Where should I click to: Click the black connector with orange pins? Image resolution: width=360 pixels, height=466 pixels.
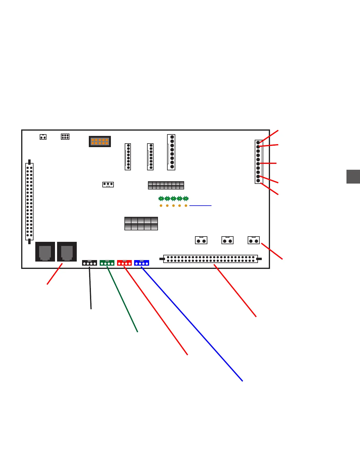coord(100,142)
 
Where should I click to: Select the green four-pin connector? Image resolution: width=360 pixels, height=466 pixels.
coord(107,263)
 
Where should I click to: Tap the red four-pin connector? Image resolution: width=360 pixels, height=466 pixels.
coord(124,263)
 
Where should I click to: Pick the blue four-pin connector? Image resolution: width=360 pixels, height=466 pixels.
coord(141,263)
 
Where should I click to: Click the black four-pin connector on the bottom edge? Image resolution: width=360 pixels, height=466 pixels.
coord(89,263)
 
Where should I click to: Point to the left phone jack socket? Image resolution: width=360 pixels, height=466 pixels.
coord(45,252)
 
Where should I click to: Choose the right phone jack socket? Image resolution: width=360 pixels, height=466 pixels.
coord(67,252)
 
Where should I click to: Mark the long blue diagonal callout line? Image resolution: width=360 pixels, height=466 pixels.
coord(192,324)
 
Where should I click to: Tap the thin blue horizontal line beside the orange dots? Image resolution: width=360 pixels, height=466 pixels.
coord(200,206)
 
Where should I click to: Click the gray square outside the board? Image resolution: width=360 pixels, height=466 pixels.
coord(353,177)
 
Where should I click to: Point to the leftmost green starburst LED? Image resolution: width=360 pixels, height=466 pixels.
coord(161,199)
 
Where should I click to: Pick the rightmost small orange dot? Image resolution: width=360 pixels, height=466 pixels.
coord(186,206)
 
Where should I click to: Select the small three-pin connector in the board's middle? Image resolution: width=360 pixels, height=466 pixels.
coord(108,184)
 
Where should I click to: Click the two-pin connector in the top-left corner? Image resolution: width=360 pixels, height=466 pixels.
coord(43,137)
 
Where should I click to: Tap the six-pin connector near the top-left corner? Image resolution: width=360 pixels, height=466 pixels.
coord(65,137)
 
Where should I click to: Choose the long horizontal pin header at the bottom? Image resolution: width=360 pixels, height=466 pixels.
coord(210,259)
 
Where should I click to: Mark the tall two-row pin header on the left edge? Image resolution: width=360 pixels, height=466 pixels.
coord(29,202)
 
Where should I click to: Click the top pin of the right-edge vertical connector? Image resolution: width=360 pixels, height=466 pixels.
coord(258,143)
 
